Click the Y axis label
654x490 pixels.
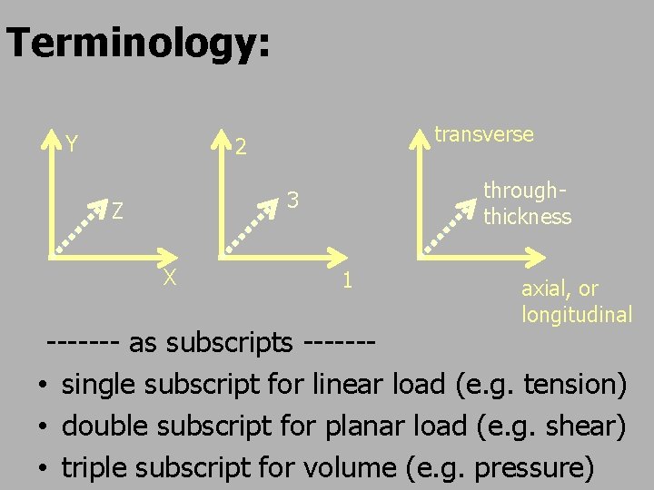(x=71, y=143)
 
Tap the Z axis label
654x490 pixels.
(x=117, y=212)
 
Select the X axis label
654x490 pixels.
(x=169, y=278)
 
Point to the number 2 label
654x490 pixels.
(x=242, y=145)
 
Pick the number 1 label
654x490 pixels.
(x=347, y=279)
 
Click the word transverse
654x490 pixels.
(x=483, y=134)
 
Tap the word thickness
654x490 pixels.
(x=527, y=217)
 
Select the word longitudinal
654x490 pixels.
(x=576, y=315)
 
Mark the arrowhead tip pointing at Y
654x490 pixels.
(x=50, y=134)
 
